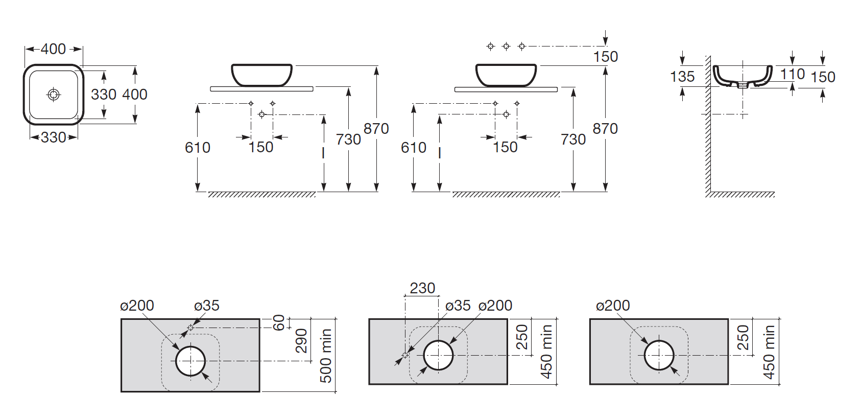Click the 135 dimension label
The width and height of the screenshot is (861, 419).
[x=682, y=77]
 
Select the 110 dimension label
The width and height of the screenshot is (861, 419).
[x=793, y=74]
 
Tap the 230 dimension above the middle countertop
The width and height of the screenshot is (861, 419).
[x=422, y=288]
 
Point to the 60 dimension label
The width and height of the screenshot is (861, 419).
[x=279, y=322]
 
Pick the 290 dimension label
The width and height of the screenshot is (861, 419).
[x=301, y=340]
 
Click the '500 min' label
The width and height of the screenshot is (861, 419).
[x=326, y=356]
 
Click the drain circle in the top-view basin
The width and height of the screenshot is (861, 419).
[x=54, y=95]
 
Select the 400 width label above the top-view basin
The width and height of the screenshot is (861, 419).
[x=54, y=49]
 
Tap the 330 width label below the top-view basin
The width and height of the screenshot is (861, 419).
[x=54, y=137]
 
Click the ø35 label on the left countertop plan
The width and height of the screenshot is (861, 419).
[x=206, y=306]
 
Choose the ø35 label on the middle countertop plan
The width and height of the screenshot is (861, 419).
[x=458, y=306]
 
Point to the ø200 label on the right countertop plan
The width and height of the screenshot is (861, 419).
[x=613, y=306]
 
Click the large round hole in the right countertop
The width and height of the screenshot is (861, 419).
[x=659, y=355]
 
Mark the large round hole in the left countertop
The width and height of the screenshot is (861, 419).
[x=190, y=361]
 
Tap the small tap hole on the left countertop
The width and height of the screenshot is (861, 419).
[x=190, y=328]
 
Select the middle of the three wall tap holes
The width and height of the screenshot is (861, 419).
[x=506, y=46]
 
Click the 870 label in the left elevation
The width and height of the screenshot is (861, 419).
[x=376, y=128]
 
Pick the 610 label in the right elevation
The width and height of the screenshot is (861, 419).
[x=414, y=147]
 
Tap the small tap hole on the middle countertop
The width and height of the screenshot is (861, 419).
[x=405, y=355]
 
